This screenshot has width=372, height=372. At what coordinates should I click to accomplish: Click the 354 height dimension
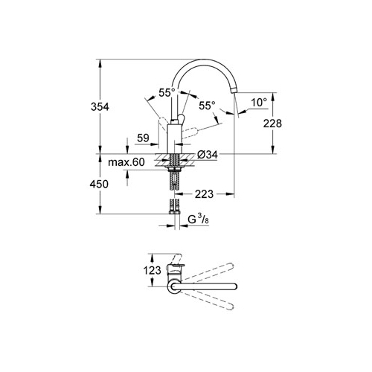pos(100,107)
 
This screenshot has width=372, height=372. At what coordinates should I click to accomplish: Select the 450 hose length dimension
pos(99,185)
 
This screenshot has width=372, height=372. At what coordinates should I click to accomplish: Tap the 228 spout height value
pos(272,124)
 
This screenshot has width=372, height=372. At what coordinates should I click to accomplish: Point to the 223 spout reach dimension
pos(204,194)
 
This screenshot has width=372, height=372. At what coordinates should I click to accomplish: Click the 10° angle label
pos(259,102)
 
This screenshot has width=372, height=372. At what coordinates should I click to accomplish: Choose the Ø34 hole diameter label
pos(208,155)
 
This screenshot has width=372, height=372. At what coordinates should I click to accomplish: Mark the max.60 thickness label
pos(126,162)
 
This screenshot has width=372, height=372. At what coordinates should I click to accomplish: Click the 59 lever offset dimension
pos(143,138)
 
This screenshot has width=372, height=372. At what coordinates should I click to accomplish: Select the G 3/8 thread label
pos(198,219)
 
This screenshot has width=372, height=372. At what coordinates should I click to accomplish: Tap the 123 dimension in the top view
pos(153,270)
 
